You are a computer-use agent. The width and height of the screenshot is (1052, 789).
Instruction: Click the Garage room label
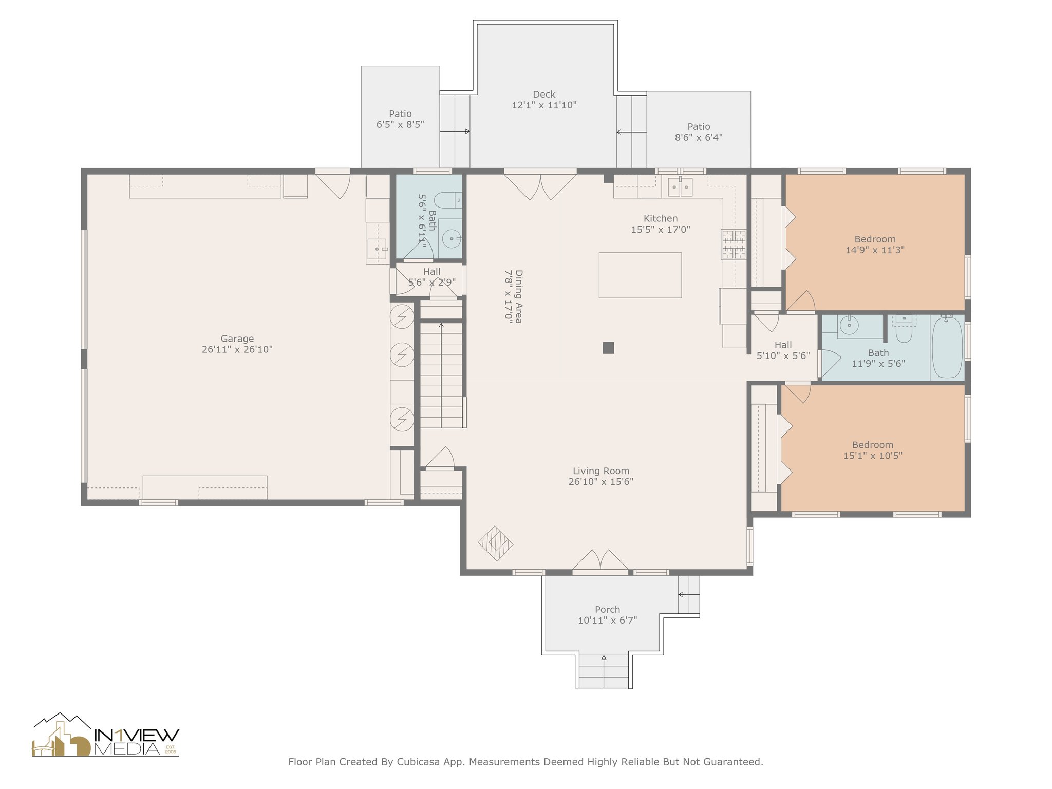pyautogui.click(x=237, y=344)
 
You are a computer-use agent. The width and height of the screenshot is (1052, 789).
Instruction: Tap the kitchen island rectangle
pyautogui.click(x=640, y=275)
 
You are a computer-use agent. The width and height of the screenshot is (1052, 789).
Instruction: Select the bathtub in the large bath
pyautogui.click(x=947, y=348)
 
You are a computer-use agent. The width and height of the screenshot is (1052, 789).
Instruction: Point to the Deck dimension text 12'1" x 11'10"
pyautogui.click(x=544, y=105)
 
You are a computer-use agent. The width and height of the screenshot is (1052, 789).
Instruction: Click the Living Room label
pyautogui.click(x=601, y=476)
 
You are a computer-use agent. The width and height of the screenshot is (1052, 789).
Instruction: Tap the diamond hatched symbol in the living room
pyautogui.click(x=496, y=543)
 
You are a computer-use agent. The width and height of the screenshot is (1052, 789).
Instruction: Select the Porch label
pyautogui.click(x=608, y=615)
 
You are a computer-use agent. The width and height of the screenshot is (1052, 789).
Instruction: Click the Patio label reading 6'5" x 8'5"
pyautogui.click(x=400, y=119)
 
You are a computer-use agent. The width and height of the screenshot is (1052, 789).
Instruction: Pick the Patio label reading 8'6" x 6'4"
pyautogui.click(x=699, y=132)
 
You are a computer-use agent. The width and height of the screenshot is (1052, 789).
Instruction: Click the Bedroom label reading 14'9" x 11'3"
pyautogui.click(x=875, y=245)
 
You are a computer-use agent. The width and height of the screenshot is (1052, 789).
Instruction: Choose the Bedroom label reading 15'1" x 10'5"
pyautogui.click(x=873, y=450)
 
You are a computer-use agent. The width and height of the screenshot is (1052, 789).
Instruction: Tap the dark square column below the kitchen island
pyautogui.click(x=608, y=348)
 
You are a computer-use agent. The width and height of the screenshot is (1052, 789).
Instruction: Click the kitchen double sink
pyautogui.click(x=680, y=187)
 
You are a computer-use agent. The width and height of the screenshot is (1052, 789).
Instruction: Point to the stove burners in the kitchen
pyautogui.click(x=734, y=244)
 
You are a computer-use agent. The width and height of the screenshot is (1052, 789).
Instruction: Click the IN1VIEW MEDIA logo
pyautogui.click(x=106, y=735)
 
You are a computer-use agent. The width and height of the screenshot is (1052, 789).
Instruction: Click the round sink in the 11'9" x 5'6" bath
pyautogui.click(x=849, y=325)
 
